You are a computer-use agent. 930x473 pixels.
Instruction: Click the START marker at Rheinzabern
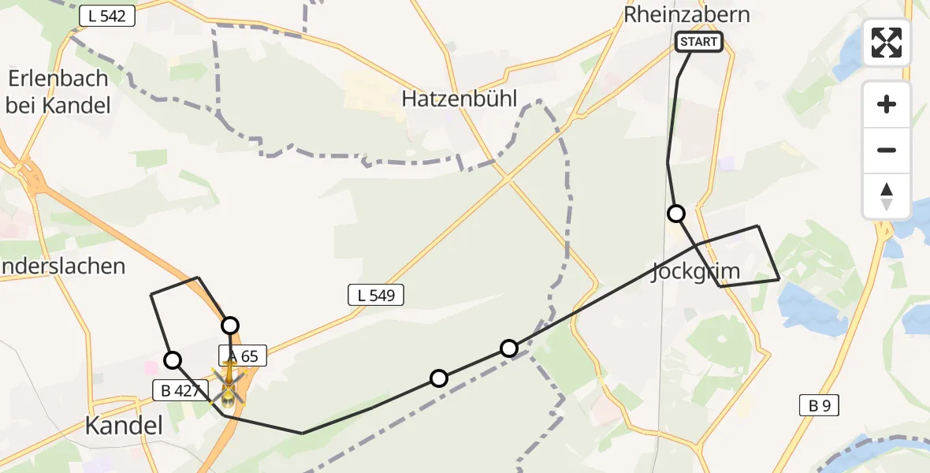[699, 42]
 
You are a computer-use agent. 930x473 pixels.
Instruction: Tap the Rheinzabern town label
[686, 15]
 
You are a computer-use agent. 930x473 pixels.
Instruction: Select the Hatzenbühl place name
[459, 99]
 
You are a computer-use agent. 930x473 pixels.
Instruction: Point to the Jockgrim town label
[695, 273]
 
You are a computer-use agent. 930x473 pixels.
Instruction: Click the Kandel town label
[124, 426]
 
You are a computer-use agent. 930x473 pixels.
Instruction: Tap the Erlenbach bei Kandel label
[58, 91]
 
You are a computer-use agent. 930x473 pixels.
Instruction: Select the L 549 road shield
[376, 296]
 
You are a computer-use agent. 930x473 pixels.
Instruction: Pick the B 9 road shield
[819, 406]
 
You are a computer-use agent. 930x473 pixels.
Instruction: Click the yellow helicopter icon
[229, 382]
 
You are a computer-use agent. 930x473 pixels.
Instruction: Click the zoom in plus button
[887, 105]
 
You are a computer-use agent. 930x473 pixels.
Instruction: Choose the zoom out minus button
[887, 150]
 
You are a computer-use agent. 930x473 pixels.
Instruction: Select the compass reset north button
[887, 196]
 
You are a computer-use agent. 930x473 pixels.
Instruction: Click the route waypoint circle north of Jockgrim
[675, 213]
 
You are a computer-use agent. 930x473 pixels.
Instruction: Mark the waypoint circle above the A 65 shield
[229, 325]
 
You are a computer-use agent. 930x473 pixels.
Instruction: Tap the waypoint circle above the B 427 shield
[172, 360]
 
